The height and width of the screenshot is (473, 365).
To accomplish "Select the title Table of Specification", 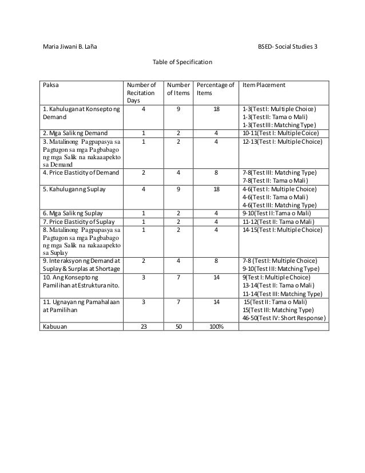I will [x=182, y=61].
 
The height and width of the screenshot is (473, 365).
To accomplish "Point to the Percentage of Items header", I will [x=215, y=88].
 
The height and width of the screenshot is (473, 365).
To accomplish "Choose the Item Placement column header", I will [x=264, y=85].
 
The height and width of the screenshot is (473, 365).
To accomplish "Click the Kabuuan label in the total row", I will [x=53, y=327].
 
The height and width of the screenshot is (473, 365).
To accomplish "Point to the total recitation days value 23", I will [x=142, y=327].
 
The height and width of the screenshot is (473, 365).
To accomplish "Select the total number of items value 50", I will [x=178, y=327].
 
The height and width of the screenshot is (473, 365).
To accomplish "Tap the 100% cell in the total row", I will [x=216, y=327].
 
